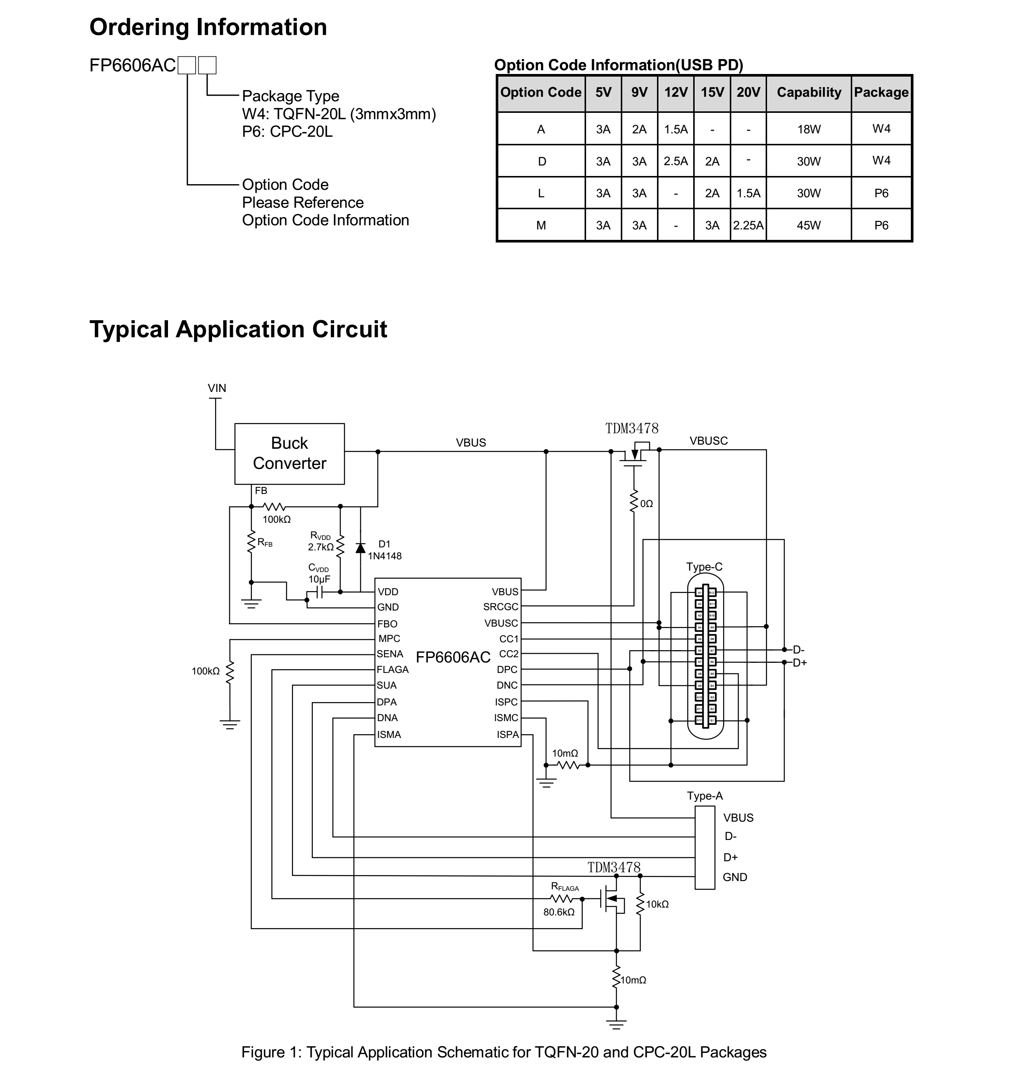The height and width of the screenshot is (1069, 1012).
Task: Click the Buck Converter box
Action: [289, 454]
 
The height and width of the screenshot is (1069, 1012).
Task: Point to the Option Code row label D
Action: [542, 161]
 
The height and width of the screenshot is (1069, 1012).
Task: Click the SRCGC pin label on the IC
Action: [500, 607]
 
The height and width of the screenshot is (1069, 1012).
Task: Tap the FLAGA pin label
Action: [392, 670]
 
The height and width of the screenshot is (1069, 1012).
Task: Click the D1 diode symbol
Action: [360, 548]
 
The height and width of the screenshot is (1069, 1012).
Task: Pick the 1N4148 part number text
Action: [384, 556]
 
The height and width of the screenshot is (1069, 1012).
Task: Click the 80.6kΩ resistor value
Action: [558, 912]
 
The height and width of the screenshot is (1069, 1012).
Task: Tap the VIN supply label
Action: [217, 388]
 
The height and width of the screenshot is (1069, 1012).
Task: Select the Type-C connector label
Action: [704, 567]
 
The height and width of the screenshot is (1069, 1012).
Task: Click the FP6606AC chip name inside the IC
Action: [453, 657]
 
